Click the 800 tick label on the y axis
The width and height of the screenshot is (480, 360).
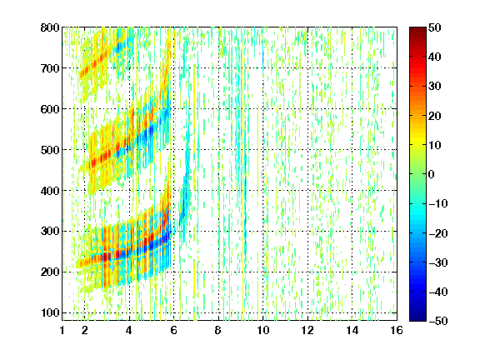point(50,27)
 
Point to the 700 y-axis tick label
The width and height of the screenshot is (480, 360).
point(50,68)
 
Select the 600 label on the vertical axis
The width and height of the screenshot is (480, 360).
point(50,109)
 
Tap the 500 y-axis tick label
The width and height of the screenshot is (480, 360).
point(50,150)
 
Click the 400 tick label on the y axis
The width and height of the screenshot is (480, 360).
point(50,191)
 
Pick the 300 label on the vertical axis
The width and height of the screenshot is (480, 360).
point(50,231)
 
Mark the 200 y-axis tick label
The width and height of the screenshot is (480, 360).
point(50,272)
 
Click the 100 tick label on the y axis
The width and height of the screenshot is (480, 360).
point(50,312)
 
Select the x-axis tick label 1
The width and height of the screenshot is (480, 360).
point(62,330)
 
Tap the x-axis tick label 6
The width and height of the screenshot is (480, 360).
point(174,330)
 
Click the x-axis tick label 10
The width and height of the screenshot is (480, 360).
point(263,330)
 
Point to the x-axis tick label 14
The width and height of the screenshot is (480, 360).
point(352,330)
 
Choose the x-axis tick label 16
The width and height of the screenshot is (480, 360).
point(397,330)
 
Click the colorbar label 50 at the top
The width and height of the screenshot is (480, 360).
point(435,27)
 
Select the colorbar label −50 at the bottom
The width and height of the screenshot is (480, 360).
point(438,321)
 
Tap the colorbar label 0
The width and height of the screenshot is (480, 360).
point(432,174)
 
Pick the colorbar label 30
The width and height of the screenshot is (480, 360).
point(435,86)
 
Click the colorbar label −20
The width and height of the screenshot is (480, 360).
point(438,233)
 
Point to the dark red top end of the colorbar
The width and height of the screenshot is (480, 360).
point(417,30)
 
